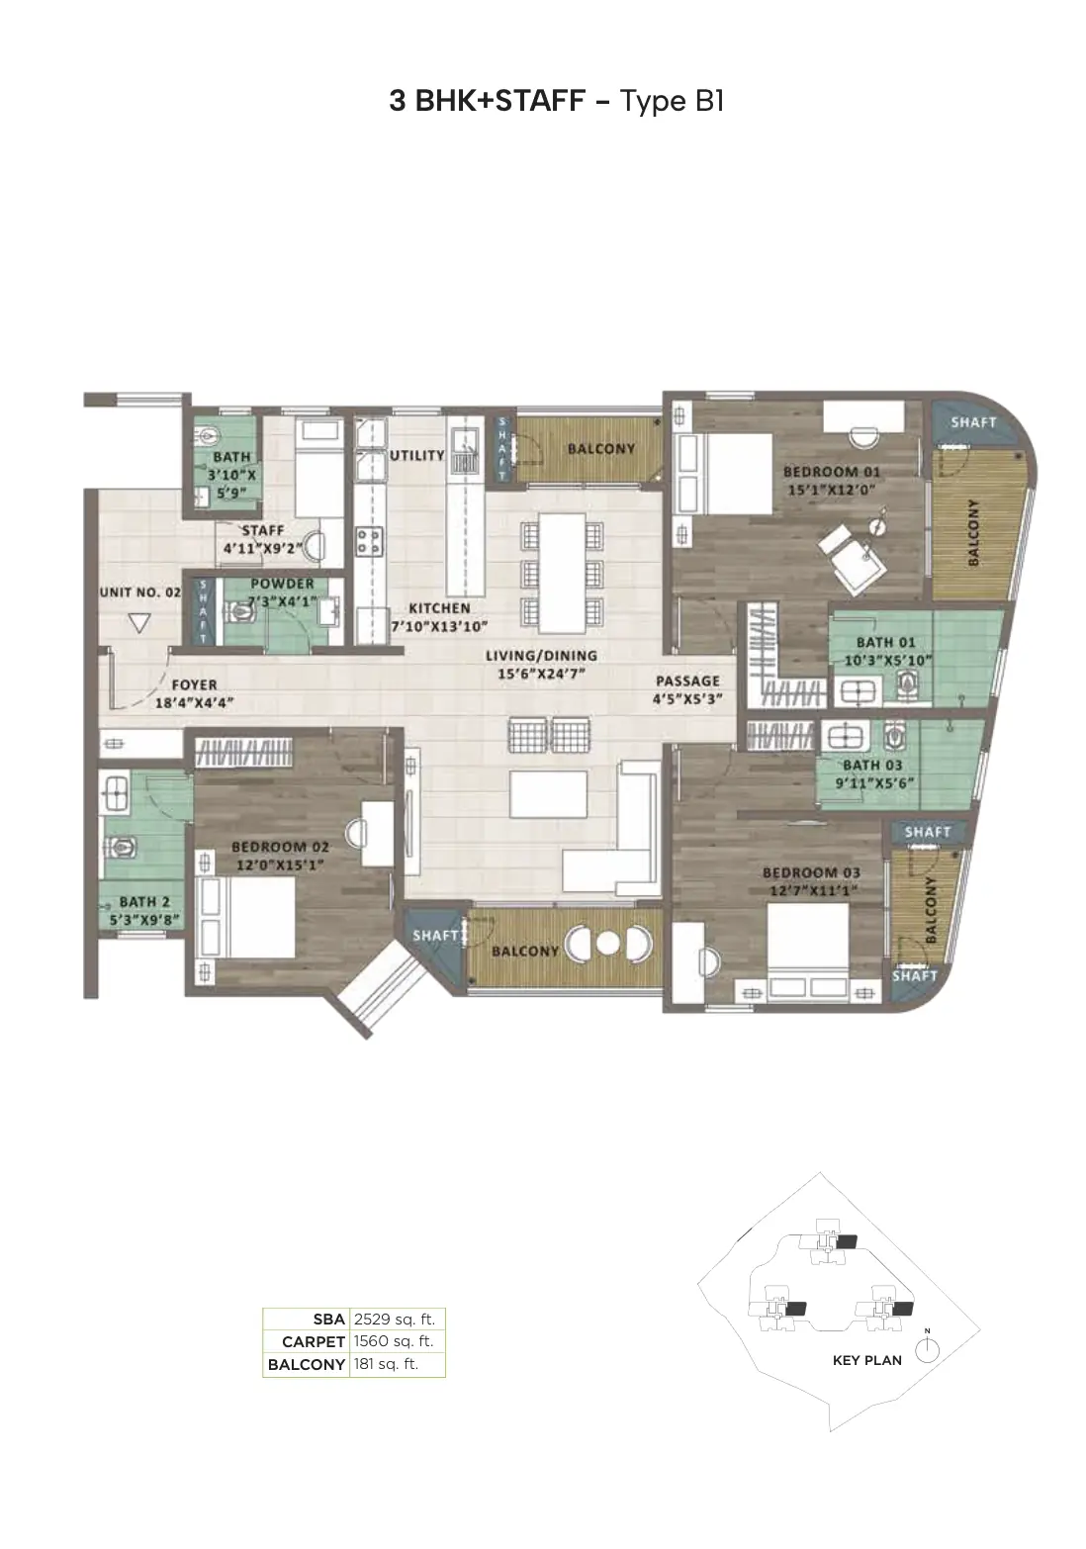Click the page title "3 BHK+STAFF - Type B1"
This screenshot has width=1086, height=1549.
pyautogui.click(x=556, y=101)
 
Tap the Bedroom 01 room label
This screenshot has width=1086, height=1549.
pyautogui.click(x=831, y=472)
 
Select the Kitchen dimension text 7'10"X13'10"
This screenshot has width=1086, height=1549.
pyautogui.click(x=439, y=626)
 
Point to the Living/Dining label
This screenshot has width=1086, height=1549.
pyautogui.click(x=541, y=655)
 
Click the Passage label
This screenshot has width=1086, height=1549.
pyautogui.click(x=687, y=682)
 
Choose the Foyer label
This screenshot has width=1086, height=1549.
pyautogui.click(x=194, y=684)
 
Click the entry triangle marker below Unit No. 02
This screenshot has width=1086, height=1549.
pyautogui.click(x=139, y=625)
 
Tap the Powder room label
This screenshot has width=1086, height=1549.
pyautogui.click(x=282, y=584)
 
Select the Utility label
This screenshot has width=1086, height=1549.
pyautogui.click(x=416, y=455)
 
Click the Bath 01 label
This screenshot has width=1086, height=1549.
pyautogui.click(x=885, y=642)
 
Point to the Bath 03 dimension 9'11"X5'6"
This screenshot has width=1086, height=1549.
pyautogui.click(x=874, y=783)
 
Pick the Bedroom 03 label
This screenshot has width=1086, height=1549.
pyautogui.click(x=811, y=872)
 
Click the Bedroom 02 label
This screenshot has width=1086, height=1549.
pyautogui.click(x=280, y=847)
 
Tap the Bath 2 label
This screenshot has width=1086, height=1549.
pyautogui.click(x=143, y=902)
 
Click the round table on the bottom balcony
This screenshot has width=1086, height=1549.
pyautogui.click(x=607, y=944)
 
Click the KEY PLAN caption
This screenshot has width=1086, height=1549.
pyautogui.click(x=866, y=1360)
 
